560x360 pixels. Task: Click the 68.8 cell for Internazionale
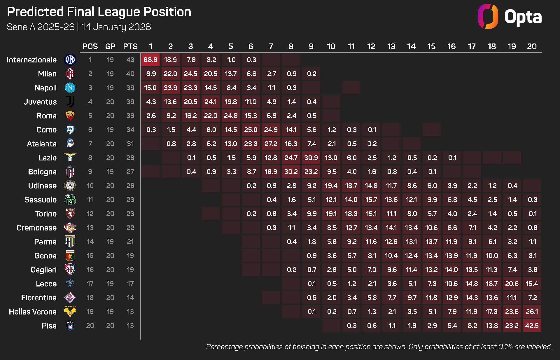(x=150, y=60)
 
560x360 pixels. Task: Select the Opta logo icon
(x=488, y=16)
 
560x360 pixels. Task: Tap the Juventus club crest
(x=70, y=102)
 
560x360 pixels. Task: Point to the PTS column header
(x=130, y=46)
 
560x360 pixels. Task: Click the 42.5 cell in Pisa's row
(x=532, y=326)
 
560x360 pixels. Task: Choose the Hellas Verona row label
(x=33, y=312)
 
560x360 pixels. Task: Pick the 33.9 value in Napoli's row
(x=171, y=88)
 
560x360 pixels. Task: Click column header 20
(x=532, y=46)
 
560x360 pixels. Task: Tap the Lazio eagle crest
(x=70, y=158)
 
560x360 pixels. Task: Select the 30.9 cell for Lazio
(x=311, y=158)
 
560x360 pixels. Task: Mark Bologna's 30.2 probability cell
(x=291, y=172)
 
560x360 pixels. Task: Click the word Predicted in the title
(x=35, y=12)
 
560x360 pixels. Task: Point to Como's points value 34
(x=130, y=130)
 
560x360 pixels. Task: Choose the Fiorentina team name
(x=39, y=298)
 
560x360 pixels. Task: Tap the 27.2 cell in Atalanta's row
(x=271, y=144)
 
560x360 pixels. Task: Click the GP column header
(x=110, y=46)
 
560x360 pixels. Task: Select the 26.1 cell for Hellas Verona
(x=532, y=312)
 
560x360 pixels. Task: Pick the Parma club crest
(x=70, y=242)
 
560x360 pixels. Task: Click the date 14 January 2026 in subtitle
(x=116, y=27)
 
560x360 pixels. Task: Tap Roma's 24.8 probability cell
(x=231, y=116)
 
